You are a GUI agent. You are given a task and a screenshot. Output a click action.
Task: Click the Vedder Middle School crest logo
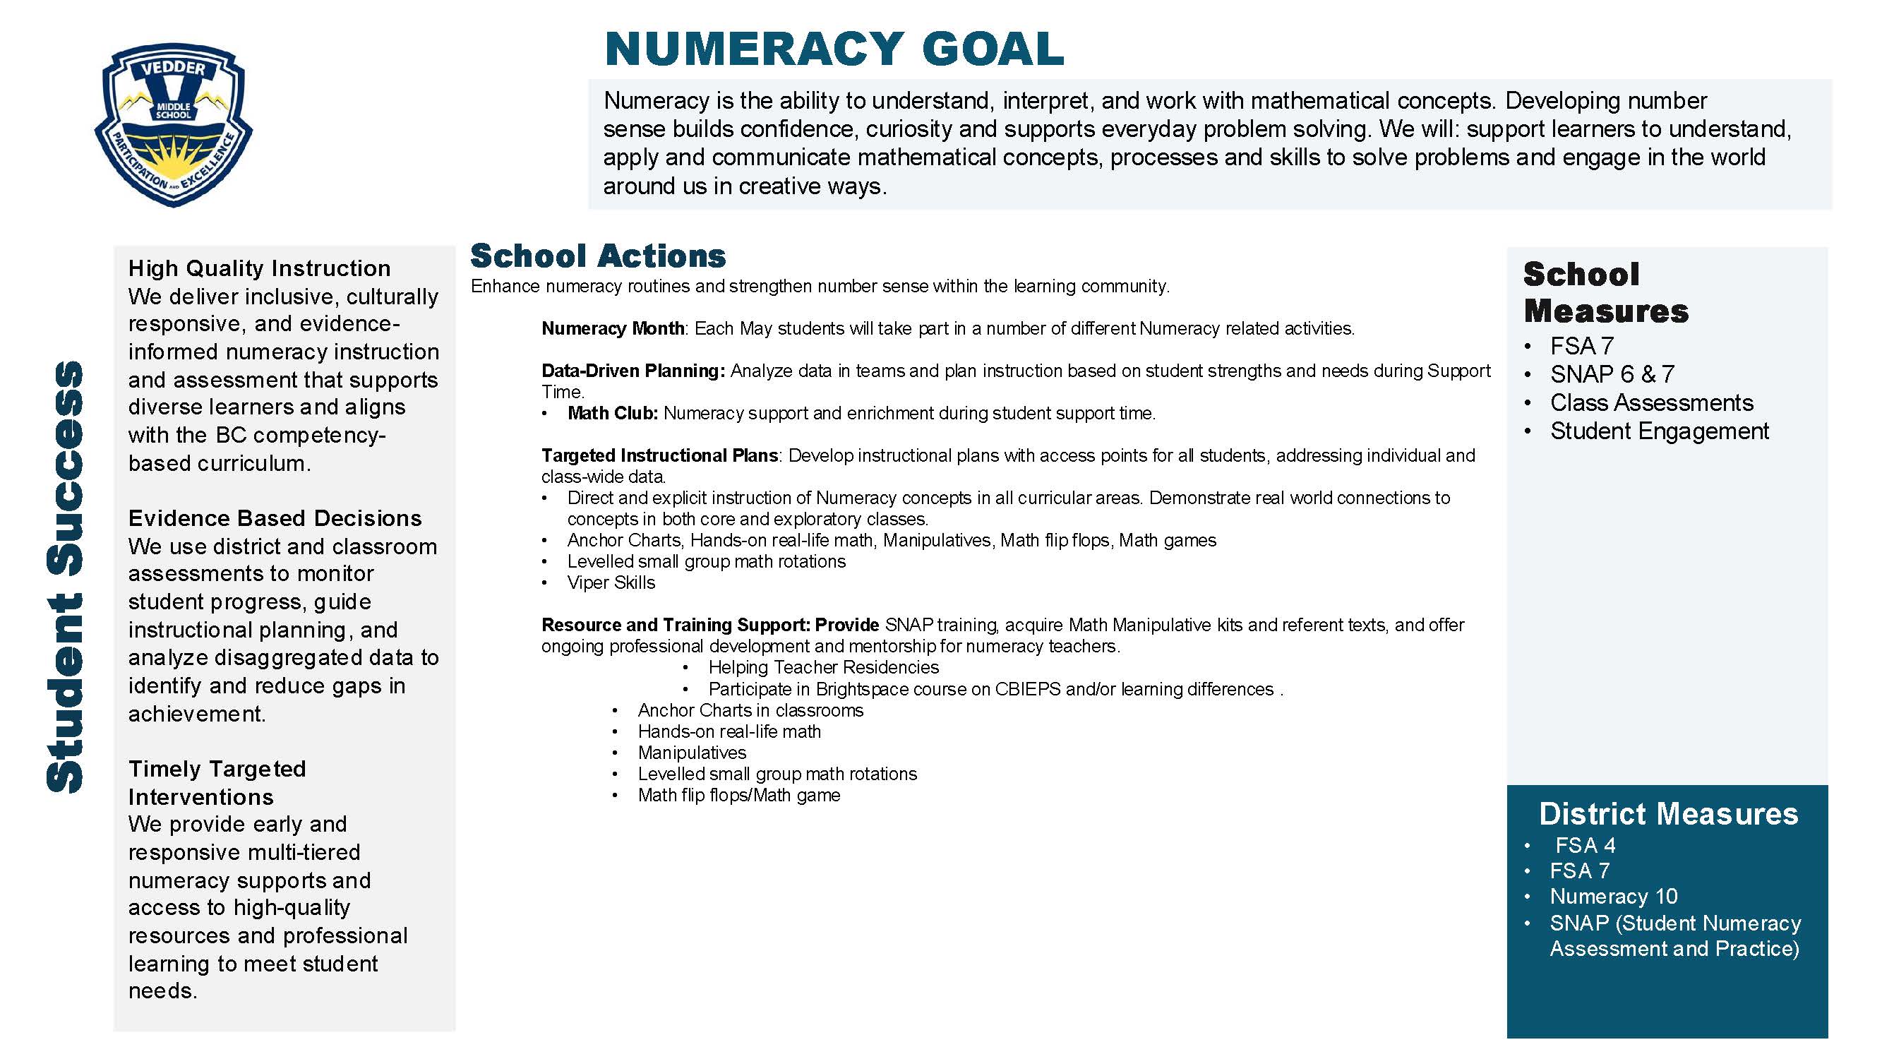173,124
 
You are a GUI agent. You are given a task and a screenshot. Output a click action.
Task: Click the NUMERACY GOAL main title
834,49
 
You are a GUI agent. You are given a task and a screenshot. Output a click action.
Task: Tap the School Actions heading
598,256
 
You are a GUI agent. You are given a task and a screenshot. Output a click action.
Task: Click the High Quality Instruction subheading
259,268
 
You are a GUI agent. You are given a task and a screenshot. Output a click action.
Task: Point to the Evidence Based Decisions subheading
275,518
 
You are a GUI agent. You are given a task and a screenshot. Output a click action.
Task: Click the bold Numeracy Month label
612,328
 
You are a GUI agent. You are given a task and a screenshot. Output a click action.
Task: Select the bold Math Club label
612,413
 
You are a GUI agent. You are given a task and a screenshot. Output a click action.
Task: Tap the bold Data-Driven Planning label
633,371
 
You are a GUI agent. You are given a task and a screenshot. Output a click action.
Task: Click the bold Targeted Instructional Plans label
660,455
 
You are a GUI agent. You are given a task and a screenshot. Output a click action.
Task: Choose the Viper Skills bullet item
611,582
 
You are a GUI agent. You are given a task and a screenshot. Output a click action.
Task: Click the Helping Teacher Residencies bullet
823,667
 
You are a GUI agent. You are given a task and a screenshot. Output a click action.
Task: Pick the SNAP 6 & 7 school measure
1612,374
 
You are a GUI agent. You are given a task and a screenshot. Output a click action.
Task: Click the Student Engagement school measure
1659,431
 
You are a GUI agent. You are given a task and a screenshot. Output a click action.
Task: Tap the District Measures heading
1668,813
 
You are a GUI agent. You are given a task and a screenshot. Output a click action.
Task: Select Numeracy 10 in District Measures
1613,896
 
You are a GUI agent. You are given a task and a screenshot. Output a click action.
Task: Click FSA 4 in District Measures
1585,846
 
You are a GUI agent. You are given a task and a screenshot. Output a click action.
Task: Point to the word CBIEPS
1027,689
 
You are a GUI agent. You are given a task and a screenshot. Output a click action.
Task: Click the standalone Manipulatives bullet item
692,753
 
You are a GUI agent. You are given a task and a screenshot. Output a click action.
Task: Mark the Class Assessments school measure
1651,402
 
